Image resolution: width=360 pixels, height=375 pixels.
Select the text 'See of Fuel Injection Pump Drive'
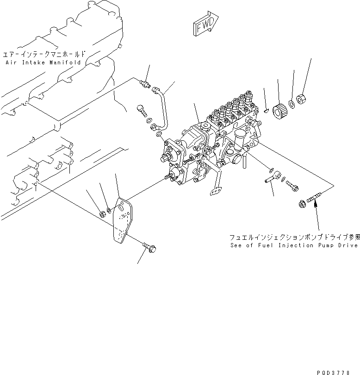(294, 245)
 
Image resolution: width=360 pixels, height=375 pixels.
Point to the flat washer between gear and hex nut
(293, 105)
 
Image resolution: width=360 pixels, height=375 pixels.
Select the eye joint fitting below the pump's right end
(272, 176)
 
